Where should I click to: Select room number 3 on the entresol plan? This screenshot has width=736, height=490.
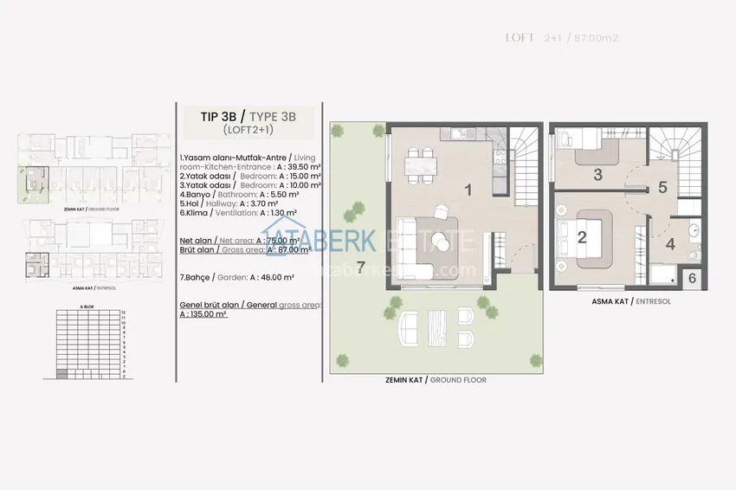point(597,174)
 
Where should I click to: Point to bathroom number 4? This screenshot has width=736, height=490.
point(669,244)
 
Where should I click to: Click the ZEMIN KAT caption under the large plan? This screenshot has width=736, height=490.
point(435,380)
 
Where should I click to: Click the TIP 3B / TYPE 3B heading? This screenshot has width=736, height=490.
point(237,114)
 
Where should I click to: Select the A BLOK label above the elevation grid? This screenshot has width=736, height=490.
point(87,306)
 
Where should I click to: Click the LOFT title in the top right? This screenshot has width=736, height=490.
point(520,38)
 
